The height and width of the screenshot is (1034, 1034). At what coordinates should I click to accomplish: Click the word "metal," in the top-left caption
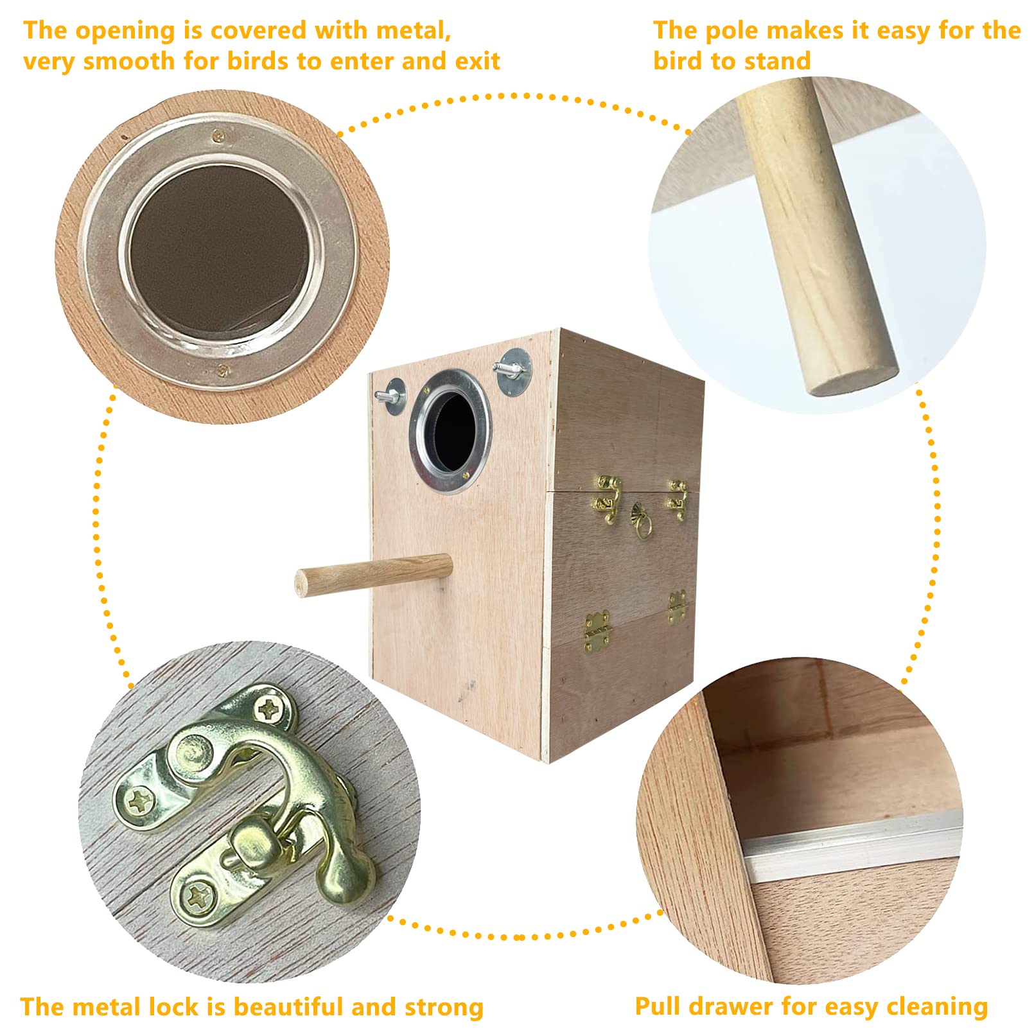(414, 31)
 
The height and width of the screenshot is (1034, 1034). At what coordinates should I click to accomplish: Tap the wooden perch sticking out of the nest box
(373, 574)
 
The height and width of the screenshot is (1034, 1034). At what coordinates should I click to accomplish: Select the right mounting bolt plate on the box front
(514, 372)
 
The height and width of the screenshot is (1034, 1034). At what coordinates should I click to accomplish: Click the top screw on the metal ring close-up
(219, 135)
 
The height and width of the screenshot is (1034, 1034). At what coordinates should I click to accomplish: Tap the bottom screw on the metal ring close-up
(223, 370)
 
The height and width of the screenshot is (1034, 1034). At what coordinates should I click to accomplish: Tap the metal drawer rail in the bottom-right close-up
(854, 844)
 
